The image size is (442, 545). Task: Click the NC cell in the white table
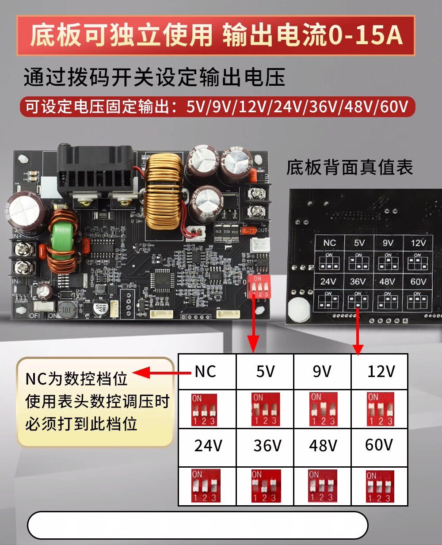click(206, 372)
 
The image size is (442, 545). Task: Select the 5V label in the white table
click(265, 372)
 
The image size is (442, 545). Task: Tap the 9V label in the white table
click(322, 372)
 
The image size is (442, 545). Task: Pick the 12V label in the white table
click(381, 372)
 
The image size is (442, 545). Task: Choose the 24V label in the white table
click(208, 446)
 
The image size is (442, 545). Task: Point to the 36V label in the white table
click(267, 446)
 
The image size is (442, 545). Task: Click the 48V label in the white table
click(323, 446)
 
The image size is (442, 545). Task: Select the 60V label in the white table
click(379, 445)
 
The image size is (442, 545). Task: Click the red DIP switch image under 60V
click(379, 486)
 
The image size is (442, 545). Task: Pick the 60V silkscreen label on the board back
click(418, 282)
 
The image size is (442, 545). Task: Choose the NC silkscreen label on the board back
click(329, 243)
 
